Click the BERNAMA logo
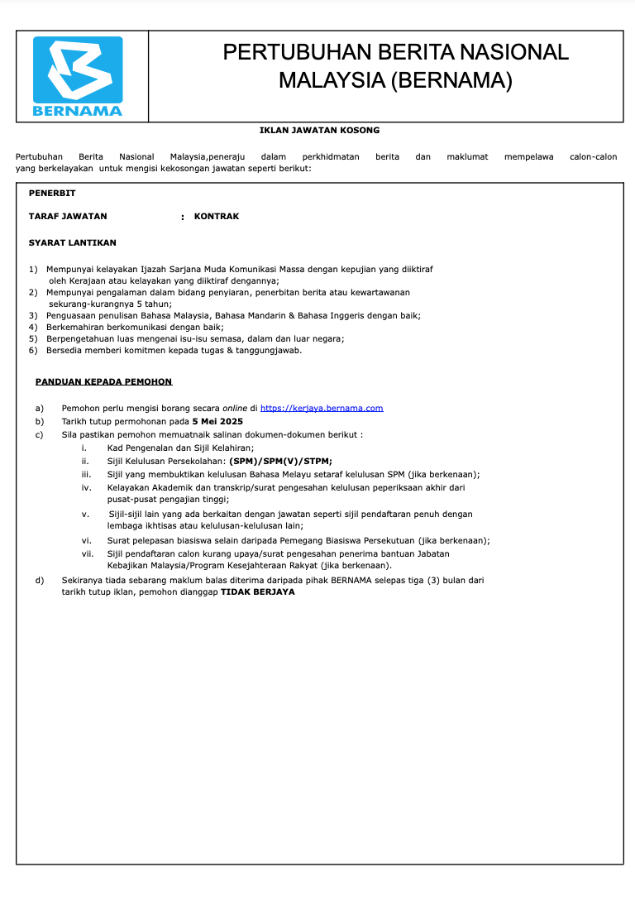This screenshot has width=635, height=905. (79, 76)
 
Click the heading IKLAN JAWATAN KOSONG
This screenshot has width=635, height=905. (319, 130)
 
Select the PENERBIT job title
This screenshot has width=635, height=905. (52, 193)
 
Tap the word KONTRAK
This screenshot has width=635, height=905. (217, 216)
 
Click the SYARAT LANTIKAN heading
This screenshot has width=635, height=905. (73, 242)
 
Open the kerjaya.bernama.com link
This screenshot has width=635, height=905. (322, 408)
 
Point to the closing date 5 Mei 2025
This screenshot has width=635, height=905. (217, 421)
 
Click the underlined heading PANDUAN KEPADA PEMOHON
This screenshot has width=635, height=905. (104, 381)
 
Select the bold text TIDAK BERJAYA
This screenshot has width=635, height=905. (257, 591)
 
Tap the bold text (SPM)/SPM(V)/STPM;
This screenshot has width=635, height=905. (281, 461)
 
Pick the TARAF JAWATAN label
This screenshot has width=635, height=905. (68, 216)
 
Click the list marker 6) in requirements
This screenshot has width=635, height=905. (33, 350)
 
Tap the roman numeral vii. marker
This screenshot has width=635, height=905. (88, 553)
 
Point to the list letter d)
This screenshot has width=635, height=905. (40, 580)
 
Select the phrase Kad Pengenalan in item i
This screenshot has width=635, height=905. (136, 448)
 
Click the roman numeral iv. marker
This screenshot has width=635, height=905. (86, 487)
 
